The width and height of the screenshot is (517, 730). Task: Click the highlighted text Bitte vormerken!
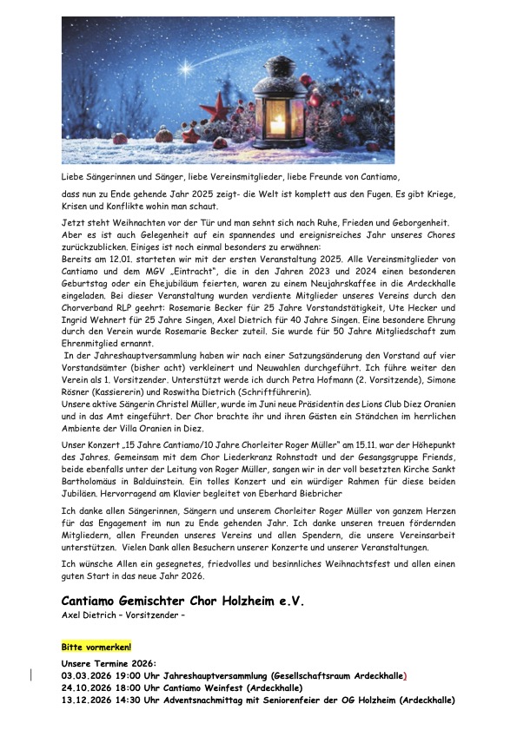(x=96, y=648)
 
